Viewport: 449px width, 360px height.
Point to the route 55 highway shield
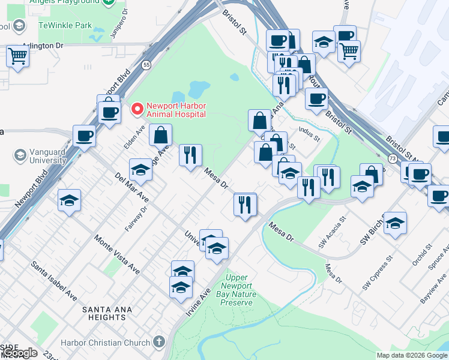coord(146,64)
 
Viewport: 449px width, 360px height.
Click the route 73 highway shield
coord(392,158)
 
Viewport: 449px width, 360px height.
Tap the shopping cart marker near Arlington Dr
coord(18,56)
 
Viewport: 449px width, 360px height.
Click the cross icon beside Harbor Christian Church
coord(158,342)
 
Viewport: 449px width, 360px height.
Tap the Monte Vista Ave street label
coord(117,254)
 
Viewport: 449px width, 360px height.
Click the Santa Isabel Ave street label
coord(55,281)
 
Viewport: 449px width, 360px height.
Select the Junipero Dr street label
coord(119,22)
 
